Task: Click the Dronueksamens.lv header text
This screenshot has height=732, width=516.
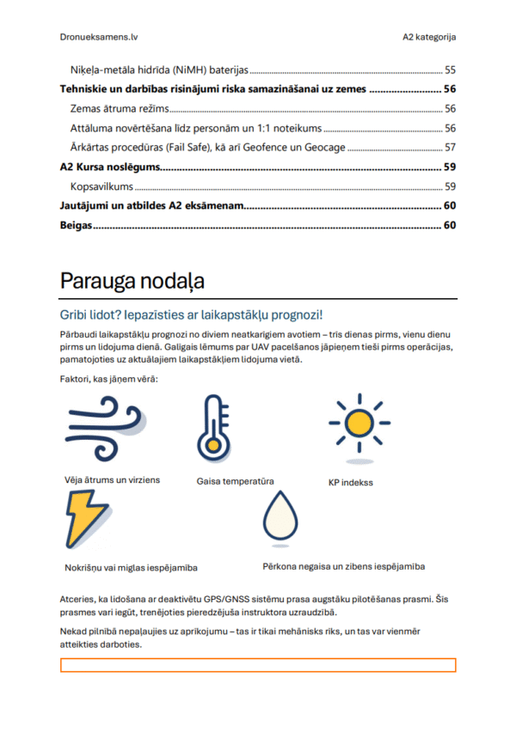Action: pyautogui.click(x=99, y=37)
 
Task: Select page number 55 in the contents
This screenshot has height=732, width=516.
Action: pyautogui.click(x=449, y=70)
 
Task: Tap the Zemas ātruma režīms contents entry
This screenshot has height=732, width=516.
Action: pyautogui.click(x=119, y=108)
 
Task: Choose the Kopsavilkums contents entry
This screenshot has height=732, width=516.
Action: pyautogui.click(x=101, y=186)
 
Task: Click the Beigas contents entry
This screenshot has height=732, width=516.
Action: pyautogui.click(x=76, y=225)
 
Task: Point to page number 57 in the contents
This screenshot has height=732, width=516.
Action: pyautogui.click(x=449, y=147)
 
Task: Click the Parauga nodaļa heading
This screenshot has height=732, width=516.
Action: pyautogui.click(x=132, y=282)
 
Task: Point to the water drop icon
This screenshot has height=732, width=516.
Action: pyautogui.click(x=280, y=519)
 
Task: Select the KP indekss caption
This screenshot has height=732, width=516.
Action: pyautogui.click(x=350, y=482)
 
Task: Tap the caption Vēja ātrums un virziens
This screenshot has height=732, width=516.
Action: pyautogui.click(x=112, y=479)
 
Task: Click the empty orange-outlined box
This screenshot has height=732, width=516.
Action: pyautogui.click(x=257, y=665)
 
